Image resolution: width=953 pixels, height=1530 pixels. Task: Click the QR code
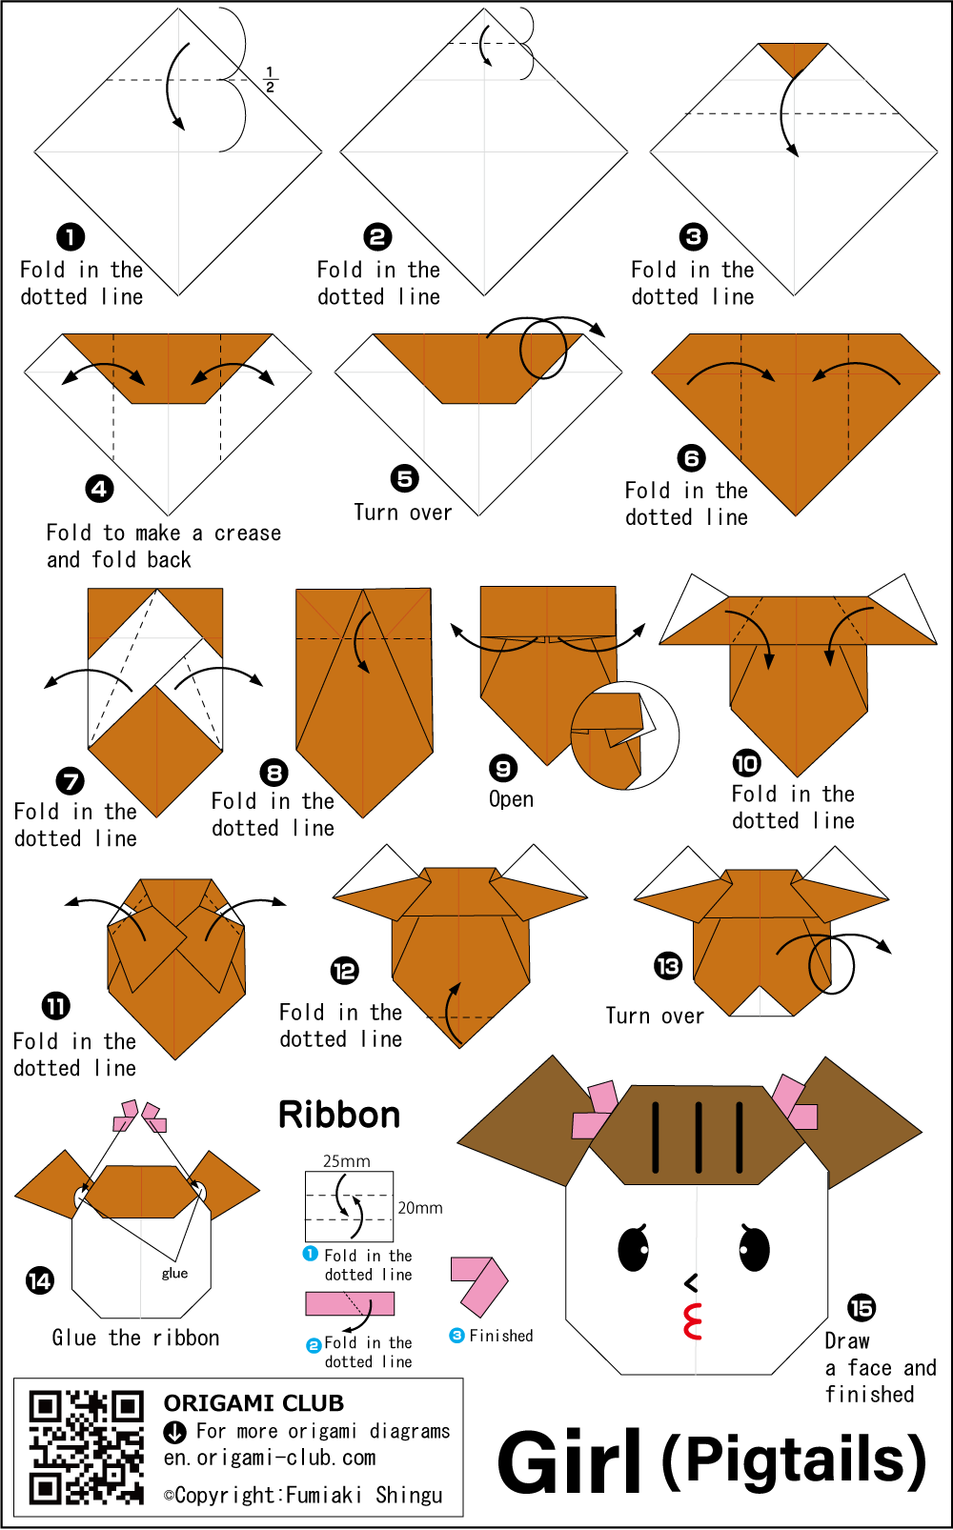(x=86, y=1447)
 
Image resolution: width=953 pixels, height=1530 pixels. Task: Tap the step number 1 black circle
(x=71, y=237)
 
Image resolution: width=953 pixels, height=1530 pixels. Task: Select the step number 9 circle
(x=503, y=769)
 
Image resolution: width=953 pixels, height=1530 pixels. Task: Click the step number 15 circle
(x=862, y=1308)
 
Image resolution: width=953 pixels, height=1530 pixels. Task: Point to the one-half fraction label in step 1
(x=270, y=79)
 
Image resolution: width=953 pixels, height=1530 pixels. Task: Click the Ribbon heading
(x=339, y=1115)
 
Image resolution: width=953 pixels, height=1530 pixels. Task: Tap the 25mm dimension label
(x=347, y=1161)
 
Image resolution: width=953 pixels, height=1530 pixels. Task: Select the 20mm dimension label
(x=420, y=1208)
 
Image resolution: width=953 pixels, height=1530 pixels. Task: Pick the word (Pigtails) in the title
(x=794, y=1461)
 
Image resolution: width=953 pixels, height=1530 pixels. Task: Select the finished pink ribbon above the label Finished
(x=479, y=1285)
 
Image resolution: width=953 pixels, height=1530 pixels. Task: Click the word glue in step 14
(x=175, y=1273)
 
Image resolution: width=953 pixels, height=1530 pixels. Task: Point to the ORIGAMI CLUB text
(x=253, y=1403)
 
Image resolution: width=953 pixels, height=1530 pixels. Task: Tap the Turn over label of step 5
(x=403, y=513)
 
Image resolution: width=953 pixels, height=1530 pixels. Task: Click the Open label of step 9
(x=511, y=800)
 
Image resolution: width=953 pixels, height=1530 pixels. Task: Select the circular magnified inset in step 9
(x=624, y=735)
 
